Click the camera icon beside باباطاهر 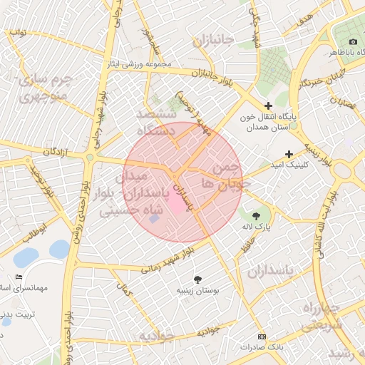(354, 41)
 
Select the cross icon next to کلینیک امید (289, 154)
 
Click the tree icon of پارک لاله (255, 213)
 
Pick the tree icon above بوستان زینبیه (198, 279)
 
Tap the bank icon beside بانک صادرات (262, 336)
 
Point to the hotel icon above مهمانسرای (19, 277)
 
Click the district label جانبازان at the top (212, 41)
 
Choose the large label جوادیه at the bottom (155, 336)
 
